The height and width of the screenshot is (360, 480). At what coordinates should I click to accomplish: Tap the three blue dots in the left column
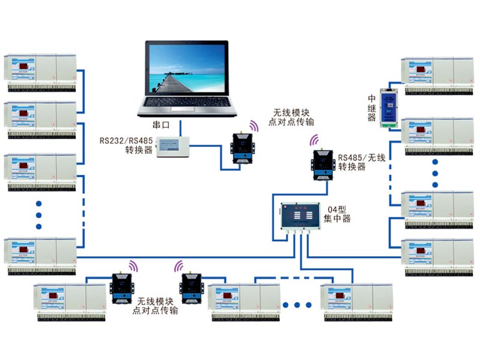pos(40,214)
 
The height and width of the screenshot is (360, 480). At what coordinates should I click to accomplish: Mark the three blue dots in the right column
pos(436,173)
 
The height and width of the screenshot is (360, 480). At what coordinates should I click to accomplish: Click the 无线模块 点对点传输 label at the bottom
pos(157,306)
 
